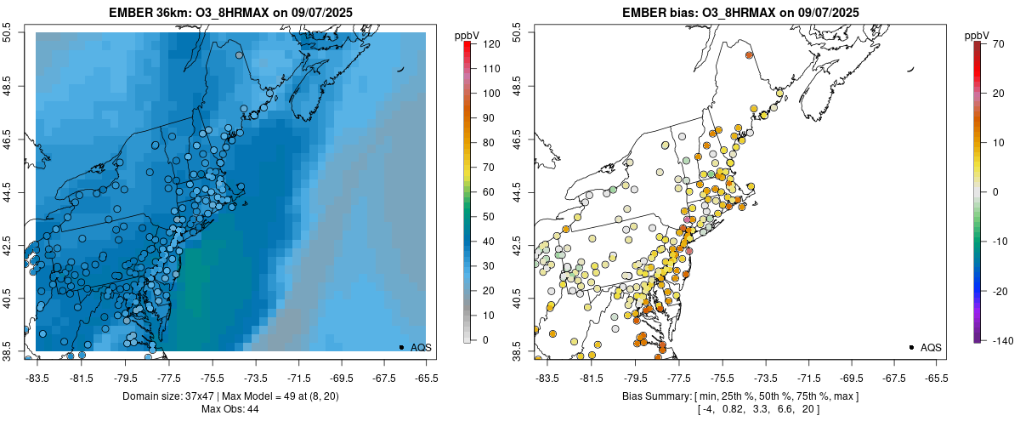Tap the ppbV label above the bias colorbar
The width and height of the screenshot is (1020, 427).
[977, 35]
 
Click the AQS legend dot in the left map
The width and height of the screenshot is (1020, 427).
[401, 347]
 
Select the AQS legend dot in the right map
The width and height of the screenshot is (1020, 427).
[911, 347]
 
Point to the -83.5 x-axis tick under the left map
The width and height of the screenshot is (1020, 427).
[37, 377]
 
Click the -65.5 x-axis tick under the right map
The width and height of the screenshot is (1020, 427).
[936, 377]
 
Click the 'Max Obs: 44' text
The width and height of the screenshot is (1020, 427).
[231, 409]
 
